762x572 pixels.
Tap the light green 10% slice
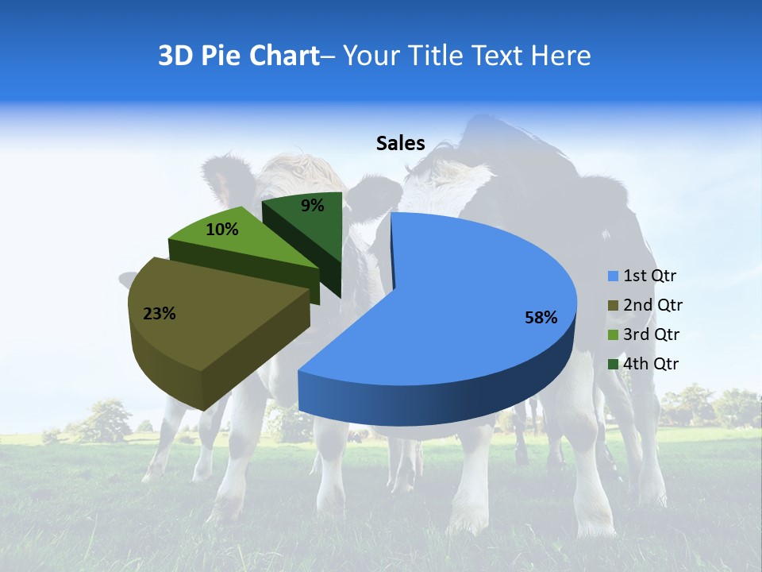coord(238,242)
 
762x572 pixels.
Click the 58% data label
coord(541,318)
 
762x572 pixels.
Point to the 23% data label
coord(159,314)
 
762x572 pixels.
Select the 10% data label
coord(221,230)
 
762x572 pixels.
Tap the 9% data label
coord(313,206)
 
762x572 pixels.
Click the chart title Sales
coord(400,144)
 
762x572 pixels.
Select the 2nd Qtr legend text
coord(652,305)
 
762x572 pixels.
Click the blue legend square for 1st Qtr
coord(613,276)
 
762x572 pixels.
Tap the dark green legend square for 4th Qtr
coord(613,364)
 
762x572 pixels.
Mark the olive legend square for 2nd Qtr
coord(613,305)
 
